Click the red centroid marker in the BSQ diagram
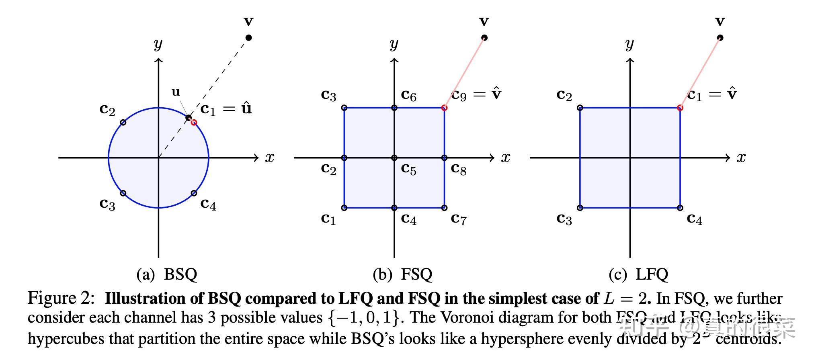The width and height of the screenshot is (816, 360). click(x=194, y=122)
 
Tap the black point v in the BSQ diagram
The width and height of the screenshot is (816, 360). click(x=248, y=38)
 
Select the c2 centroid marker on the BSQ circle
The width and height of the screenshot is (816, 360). click(x=123, y=122)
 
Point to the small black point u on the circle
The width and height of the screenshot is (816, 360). click(x=188, y=118)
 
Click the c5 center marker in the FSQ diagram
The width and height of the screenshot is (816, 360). click(x=394, y=158)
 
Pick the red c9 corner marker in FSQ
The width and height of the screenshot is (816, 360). click(x=444, y=108)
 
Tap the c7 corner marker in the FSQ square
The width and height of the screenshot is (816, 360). click(x=444, y=208)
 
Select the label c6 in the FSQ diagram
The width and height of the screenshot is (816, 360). click(x=408, y=95)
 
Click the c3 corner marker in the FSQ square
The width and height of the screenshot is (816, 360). click(x=344, y=108)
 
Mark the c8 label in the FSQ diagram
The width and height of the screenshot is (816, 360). click(x=458, y=169)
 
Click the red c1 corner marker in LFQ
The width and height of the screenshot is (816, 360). click(x=680, y=108)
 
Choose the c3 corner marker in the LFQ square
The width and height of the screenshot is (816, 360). click(x=580, y=208)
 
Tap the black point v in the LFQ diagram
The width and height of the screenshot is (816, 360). click(x=720, y=38)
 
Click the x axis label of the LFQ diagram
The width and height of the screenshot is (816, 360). click(x=741, y=157)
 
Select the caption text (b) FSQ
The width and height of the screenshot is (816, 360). click(x=402, y=275)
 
